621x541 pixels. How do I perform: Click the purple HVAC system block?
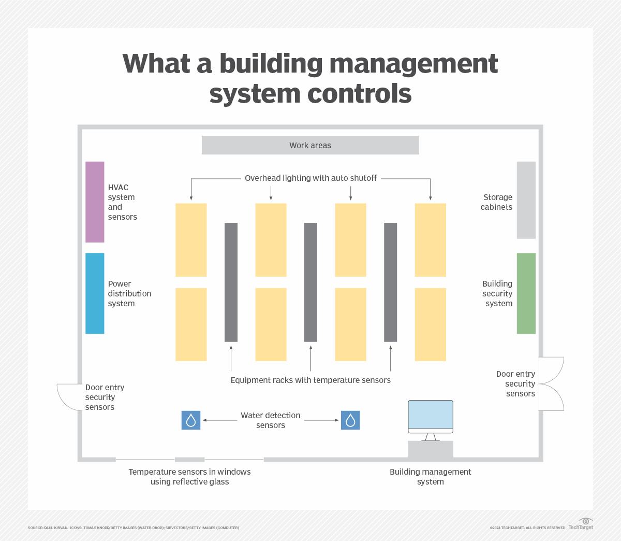tap(95, 202)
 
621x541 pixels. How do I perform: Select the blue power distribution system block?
tap(95, 293)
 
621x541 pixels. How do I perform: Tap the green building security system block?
tap(526, 293)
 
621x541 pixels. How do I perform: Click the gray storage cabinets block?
tap(526, 200)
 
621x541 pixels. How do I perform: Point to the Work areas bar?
tap(310, 145)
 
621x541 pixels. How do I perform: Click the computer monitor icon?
tap(431, 417)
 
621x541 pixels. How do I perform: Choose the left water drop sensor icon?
tap(191, 420)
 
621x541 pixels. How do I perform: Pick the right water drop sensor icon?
tap(350, 420)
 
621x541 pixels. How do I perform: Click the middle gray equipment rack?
tap(310, 282)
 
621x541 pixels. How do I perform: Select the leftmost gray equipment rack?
tap(231, 282)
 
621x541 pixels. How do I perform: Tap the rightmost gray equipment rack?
tap(391, 282)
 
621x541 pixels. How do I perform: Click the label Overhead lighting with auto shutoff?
tap(310, 178)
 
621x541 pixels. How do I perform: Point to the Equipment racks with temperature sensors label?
tap(310, 380)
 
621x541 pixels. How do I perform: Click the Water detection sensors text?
tap(271, 420)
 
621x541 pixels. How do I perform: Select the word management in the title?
tap(413, 64)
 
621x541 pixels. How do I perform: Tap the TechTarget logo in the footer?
tap(581, 524)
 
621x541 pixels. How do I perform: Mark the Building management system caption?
tap(431, 477)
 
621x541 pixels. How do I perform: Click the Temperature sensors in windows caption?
tap(189, 477)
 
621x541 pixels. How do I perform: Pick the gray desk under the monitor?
tap(431, 449)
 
